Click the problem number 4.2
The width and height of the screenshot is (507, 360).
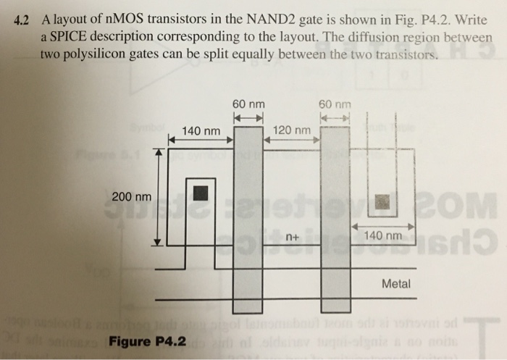[26, 20]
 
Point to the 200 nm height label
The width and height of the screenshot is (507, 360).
[132, 196]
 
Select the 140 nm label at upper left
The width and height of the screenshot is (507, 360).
[201, 131]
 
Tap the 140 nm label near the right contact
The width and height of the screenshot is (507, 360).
[382, 236]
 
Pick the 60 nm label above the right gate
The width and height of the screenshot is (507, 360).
[334, 104]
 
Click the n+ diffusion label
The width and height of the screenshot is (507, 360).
[292, 237]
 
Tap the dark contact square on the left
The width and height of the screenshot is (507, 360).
[200, 193]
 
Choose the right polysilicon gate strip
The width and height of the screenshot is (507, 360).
[335, 217]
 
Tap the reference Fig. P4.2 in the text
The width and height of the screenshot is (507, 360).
[414, 20]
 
